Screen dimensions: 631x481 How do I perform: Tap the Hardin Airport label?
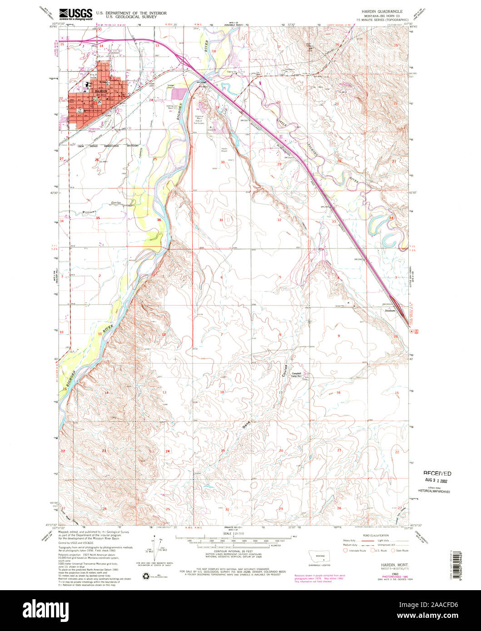click(x=224, y=150)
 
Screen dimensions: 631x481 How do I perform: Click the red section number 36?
click(x=159, y=220)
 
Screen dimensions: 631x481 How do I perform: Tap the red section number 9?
click(x=338, y=335)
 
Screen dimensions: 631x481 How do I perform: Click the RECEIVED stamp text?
click(x=436, y=473)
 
